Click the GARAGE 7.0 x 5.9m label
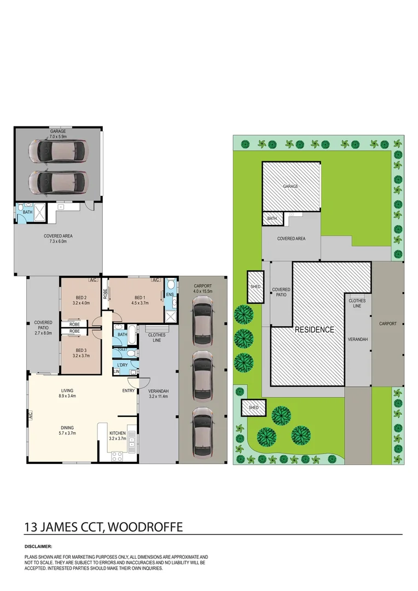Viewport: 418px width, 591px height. [x=58, y=134]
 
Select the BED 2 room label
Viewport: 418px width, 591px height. [x=81, y=300]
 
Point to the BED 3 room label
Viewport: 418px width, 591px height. [x=81, y=353]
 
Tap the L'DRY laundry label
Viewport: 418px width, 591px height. [x=123, y=365]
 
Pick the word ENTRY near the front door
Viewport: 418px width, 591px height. [x=129, y=391]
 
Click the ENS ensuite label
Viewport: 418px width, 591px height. [x=170, y=294]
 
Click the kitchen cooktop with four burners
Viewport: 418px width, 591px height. [x=117, y=456]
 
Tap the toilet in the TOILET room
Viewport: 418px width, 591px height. [x=131, y=354]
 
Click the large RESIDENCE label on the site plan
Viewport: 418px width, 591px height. [x=315, y=330]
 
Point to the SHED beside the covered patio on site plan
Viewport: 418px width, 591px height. [x=256, y=287]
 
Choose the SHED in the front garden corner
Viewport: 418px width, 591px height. [x=254, y=408]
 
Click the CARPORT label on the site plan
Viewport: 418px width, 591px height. [x=388, y=323]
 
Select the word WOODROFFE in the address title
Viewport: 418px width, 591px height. [x=146, y=526]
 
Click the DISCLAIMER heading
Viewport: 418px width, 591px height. [x=38, y=546]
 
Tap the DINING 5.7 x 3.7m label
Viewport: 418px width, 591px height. [x=67, y=431]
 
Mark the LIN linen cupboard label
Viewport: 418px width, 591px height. [x=117, y=372]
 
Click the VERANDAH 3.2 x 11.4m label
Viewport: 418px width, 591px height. [x=158, y=393]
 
